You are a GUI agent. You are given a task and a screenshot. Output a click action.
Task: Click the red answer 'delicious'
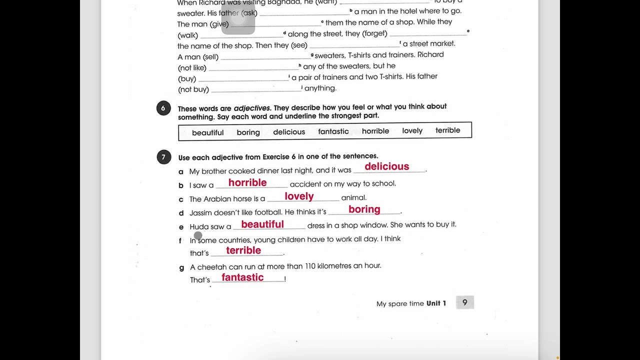386,166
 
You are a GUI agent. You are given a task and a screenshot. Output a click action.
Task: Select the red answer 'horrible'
247,182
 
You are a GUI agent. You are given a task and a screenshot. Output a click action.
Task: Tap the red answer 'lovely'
299,196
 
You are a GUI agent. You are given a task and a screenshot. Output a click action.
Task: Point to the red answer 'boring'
364,209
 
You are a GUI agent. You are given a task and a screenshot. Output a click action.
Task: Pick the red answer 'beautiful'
262,224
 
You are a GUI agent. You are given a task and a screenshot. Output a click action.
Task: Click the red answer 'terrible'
243,250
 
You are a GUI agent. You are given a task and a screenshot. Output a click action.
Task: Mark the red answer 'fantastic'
242,277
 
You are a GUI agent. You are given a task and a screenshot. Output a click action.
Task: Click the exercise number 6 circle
163,108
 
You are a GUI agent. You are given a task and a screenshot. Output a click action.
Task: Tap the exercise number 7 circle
163,157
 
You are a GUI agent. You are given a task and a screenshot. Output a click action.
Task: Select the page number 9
464,302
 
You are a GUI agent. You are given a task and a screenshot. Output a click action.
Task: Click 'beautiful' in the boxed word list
207,132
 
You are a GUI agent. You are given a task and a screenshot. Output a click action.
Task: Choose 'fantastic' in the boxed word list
333,131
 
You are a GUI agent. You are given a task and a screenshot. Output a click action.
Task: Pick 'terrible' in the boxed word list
447,130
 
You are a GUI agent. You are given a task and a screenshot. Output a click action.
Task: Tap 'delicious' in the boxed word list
289,132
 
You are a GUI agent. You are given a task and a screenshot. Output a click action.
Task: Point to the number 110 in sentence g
310,266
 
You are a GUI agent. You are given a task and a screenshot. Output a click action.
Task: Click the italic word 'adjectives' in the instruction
252,108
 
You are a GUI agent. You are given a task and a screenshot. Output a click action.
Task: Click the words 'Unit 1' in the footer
436,303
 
